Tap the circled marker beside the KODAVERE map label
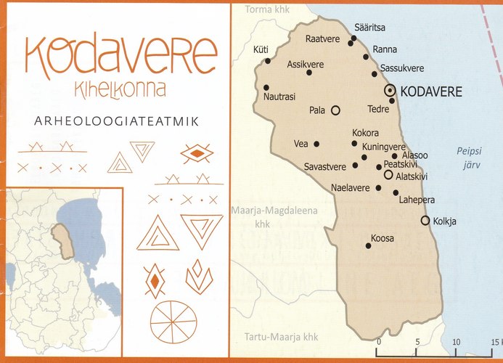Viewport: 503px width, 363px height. pos(390,90)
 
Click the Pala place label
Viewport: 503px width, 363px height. pos(316,111)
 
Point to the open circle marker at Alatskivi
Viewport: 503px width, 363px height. pos(388,175)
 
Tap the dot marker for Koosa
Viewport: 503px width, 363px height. pos(369,245)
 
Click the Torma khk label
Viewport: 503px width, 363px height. pos(266,9)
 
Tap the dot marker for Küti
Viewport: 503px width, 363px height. pos(268,61)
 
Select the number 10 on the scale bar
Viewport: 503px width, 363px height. pos(456,341)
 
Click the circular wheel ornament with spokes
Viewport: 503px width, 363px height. pos(173,321)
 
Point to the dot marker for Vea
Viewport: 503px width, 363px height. pos(316,144)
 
